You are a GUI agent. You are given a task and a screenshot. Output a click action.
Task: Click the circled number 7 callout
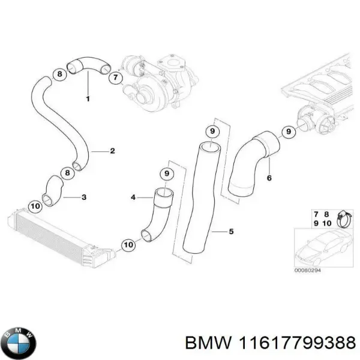pos(113,78)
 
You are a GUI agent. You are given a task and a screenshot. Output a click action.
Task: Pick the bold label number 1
pos(88,98)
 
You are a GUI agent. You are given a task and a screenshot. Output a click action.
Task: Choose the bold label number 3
pos(83,197)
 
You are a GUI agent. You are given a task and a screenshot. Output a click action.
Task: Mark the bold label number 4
pos(133,196)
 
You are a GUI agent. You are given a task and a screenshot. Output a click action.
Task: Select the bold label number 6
pos(269,178)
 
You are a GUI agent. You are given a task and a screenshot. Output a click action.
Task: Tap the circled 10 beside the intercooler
pos(35,206)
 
